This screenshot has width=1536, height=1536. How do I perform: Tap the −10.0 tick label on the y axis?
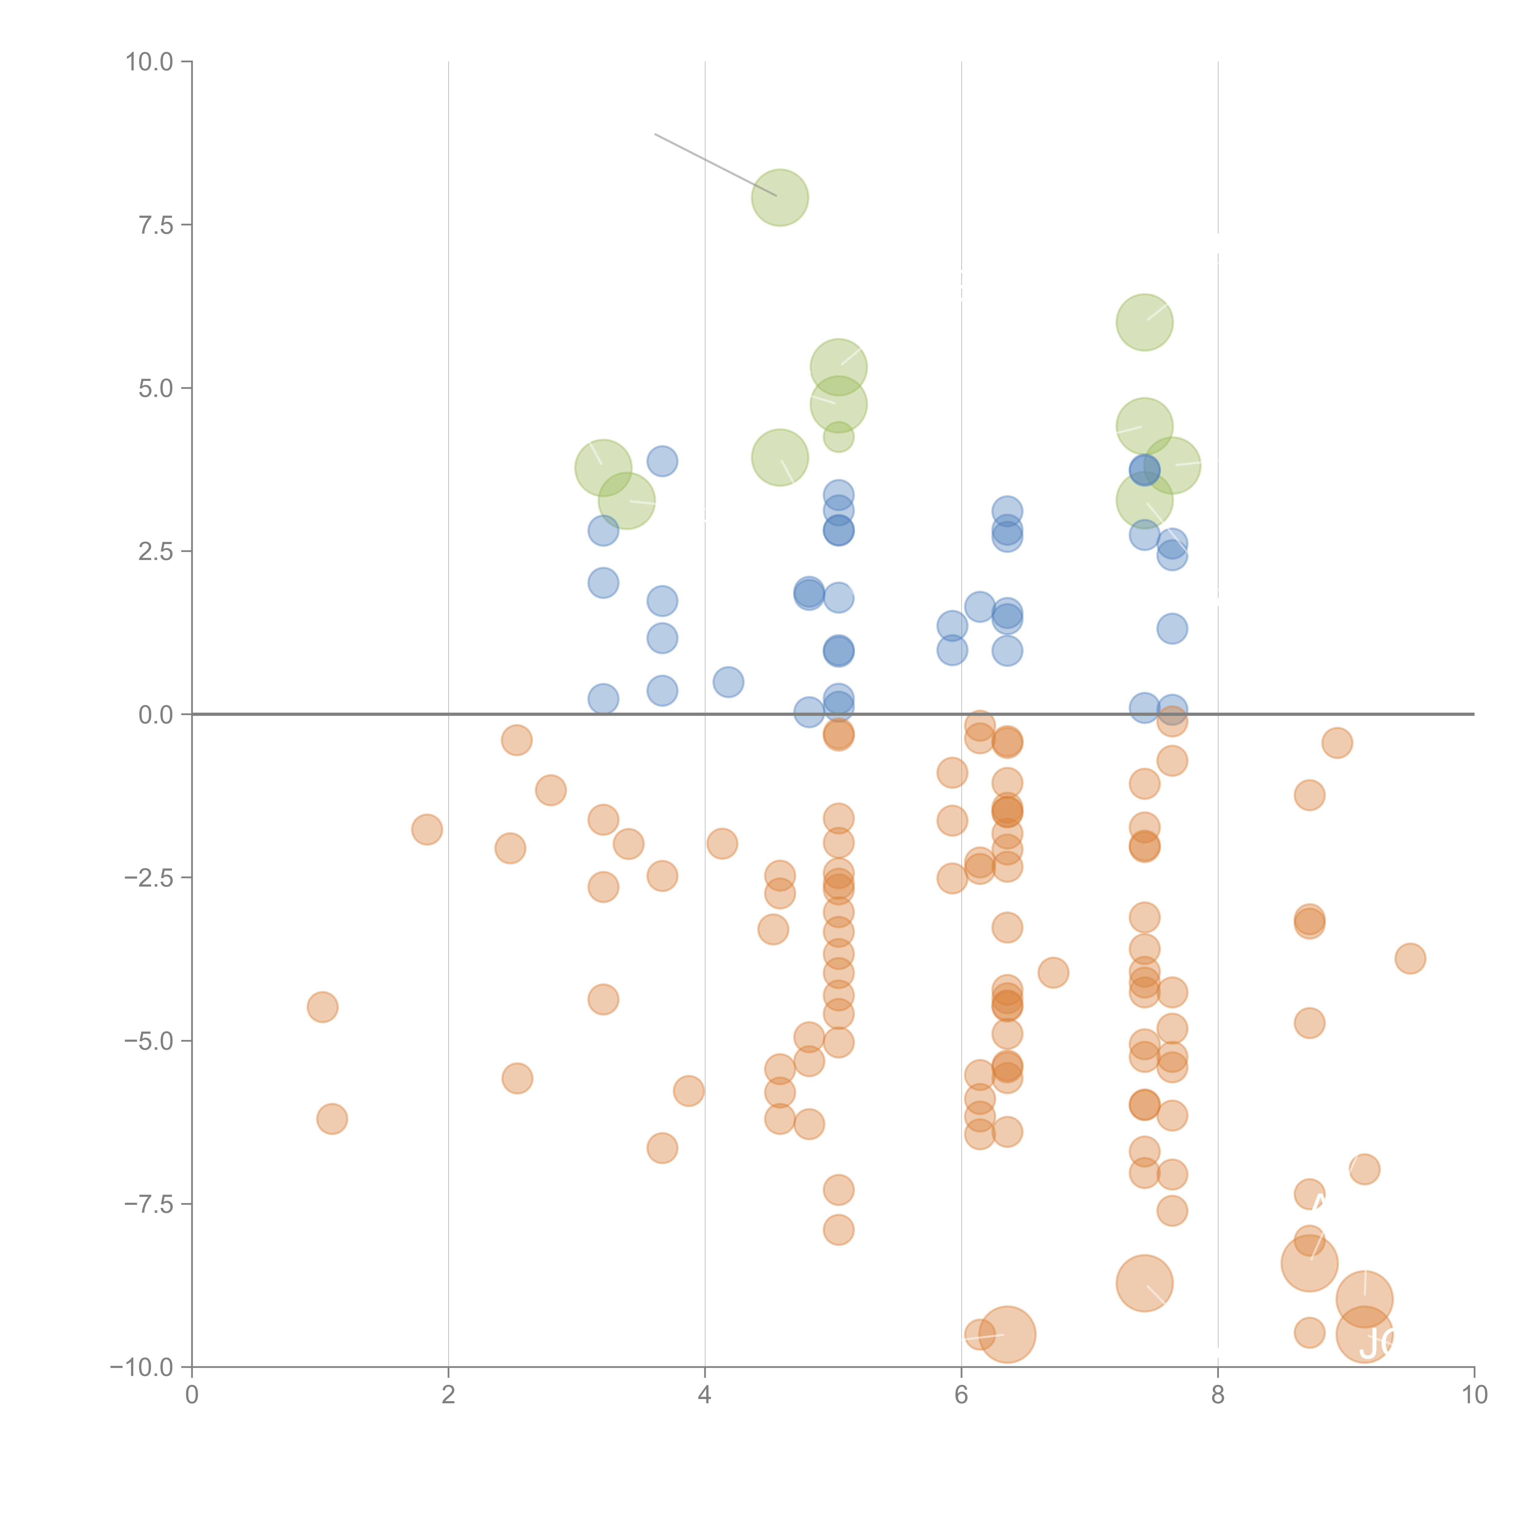pyautogui.click(x=142, y=1367)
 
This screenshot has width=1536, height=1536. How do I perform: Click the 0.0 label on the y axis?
pyautogui.click(x=156, y=715)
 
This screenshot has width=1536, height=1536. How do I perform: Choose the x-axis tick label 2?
pyautogui.click(x=449, y=1395)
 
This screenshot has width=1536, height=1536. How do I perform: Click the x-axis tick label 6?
pyautogui.click(x=961, y=1395)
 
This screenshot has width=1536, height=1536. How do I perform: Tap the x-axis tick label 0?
pyautogui.click(x=192, y=1395)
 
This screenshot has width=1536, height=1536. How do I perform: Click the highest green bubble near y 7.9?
pyautogui.click(x=780, y=197)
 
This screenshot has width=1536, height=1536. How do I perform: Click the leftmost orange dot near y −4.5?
pyautogui.click(x=322, y=1007)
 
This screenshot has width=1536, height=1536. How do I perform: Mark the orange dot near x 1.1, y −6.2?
pyautogui.click(x=331, y=1119)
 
